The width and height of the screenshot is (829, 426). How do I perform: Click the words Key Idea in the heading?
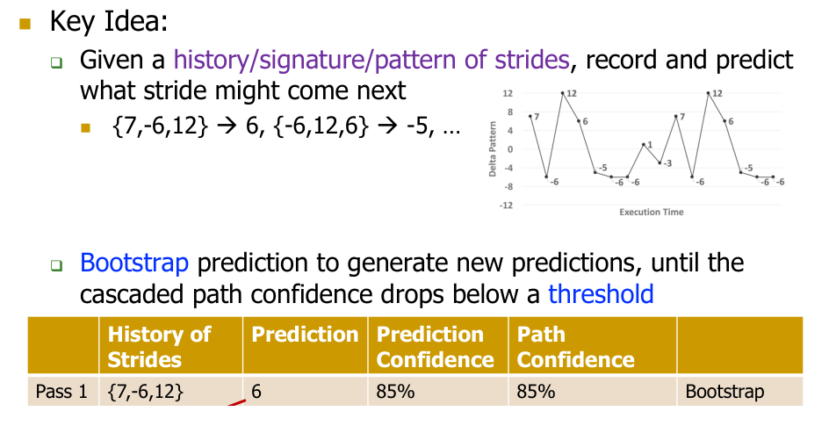(108, 22)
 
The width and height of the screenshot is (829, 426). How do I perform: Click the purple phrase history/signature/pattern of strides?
(371, 60)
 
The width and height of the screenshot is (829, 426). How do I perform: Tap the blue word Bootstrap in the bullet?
(134, 263)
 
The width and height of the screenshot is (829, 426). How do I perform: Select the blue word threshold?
(601, 294)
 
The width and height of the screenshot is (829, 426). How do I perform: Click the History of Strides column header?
(159, 347)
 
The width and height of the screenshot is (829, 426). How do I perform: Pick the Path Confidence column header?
(575, 347)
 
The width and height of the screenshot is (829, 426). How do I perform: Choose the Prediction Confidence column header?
(435, 347)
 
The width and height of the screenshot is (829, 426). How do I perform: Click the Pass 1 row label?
(61, 392)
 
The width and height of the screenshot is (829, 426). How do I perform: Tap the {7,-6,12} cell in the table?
(146, 392)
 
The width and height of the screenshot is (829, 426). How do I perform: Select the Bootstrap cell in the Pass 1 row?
(724, 392)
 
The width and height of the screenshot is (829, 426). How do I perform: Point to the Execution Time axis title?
(652, 212)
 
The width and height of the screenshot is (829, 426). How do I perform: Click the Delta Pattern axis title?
(493, 149)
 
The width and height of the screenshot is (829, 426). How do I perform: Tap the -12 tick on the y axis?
(506, 205)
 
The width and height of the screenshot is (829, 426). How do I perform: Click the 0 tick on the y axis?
(510, 149)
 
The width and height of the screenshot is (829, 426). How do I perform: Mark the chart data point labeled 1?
(644, 144)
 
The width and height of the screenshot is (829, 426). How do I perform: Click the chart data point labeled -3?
(660, 162)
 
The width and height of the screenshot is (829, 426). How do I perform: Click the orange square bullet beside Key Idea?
(25, 24)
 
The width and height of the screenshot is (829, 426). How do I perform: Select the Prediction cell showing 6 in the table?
(256, 392)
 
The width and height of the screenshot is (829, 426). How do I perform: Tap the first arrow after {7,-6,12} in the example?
(227, 126)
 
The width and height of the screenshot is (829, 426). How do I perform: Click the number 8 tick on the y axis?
(510, 112)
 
